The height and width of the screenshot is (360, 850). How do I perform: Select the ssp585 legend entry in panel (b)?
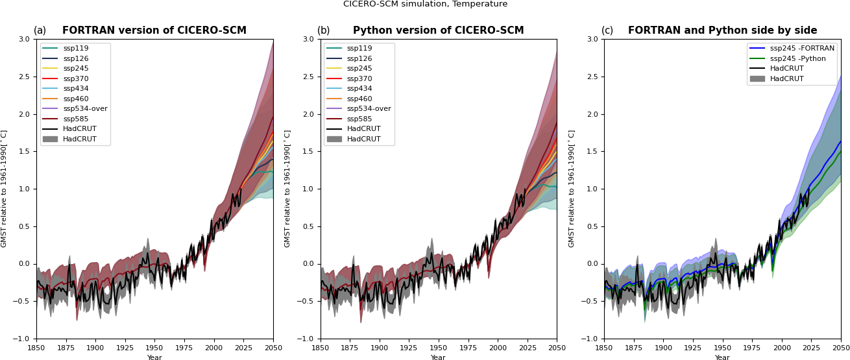(359, 119)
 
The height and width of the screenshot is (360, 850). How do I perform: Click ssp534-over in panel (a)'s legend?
(85, 109)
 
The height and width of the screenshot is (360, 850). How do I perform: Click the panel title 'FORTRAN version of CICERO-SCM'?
(155, 31)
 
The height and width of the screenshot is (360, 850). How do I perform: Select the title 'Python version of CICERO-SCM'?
(438, 31)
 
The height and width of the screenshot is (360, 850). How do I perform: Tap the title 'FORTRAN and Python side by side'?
(722, 31)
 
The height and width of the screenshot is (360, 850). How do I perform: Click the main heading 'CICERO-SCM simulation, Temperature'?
(425, 5)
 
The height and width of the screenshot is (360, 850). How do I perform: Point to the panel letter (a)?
(40, 31)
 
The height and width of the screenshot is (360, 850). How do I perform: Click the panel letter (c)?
(607, 31)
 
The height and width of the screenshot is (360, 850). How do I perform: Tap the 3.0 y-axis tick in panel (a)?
(25, 39)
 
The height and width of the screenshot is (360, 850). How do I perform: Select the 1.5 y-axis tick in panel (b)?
(309, 152)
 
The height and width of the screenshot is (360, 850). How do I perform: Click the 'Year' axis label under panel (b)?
(439, 357)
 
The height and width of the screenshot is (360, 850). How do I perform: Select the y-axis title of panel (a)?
(5, 188)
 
